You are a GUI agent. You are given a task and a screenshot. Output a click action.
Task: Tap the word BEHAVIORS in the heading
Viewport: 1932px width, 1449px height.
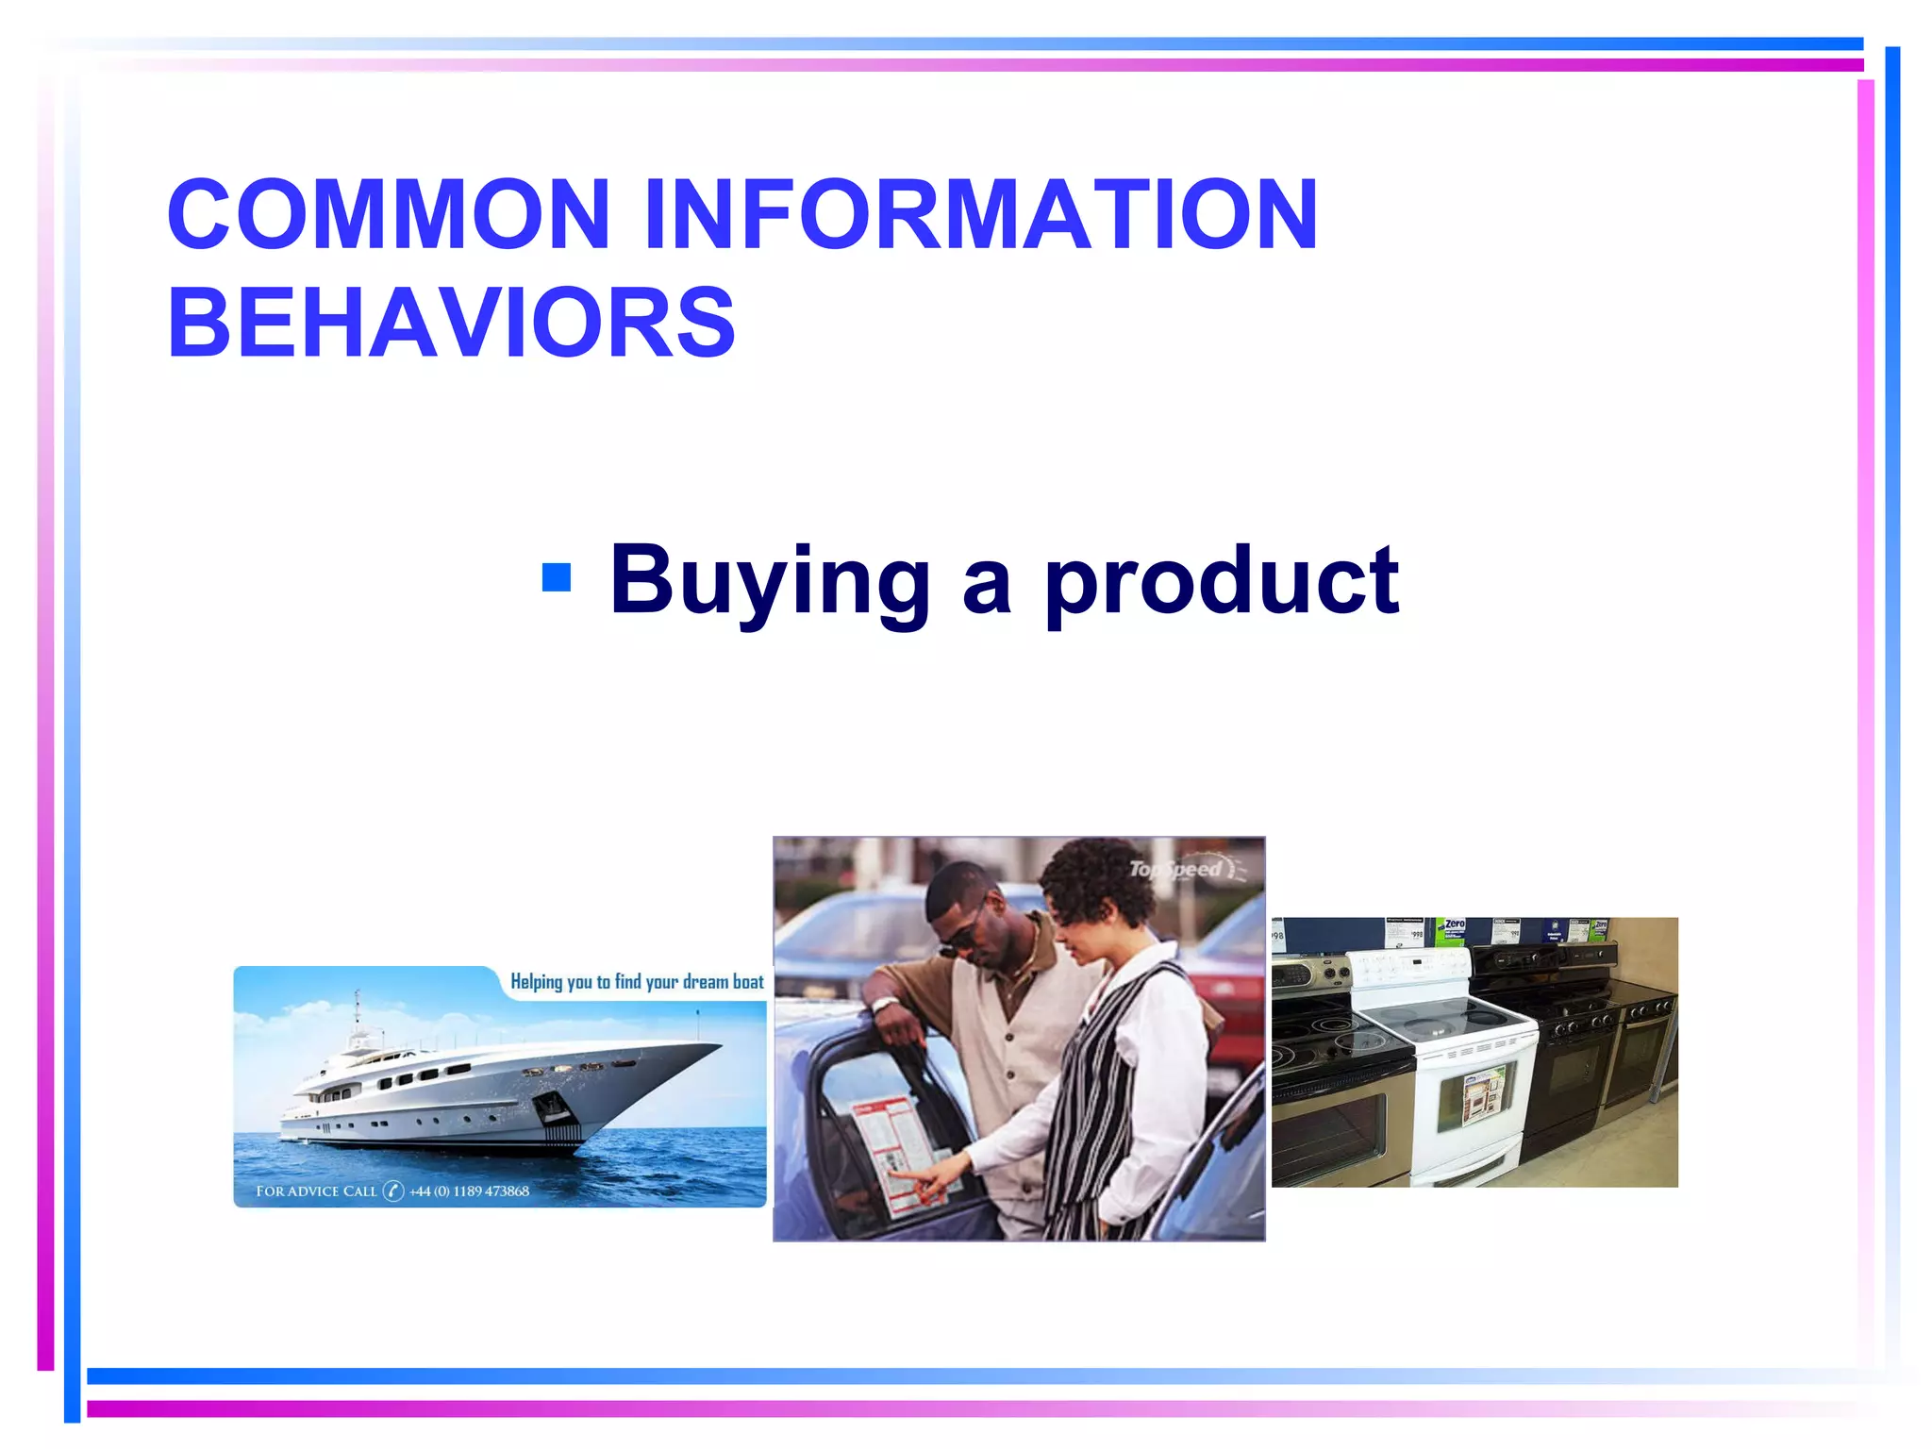tap(451, 324)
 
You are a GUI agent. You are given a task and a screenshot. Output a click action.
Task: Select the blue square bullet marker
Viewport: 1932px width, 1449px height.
tap(557, 577)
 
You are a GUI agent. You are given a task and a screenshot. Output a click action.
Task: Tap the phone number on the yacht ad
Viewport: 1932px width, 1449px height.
tap(469, 1191)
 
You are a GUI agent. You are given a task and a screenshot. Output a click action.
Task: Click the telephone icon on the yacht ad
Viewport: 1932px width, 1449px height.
tap(392, 1191)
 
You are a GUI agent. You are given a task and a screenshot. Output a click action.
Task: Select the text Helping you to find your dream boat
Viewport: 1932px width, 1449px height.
tap(637, 982)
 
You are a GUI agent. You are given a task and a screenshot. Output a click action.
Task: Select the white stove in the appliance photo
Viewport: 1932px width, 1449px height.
tap(1443, 1066)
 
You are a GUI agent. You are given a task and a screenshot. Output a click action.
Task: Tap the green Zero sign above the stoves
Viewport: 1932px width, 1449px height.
tap(1452, 930)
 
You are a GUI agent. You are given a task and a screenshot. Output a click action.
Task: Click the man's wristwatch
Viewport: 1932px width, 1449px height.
tap(884, 1005)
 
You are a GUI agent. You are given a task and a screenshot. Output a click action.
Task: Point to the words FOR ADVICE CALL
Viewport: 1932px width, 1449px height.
tap(316, 1191)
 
